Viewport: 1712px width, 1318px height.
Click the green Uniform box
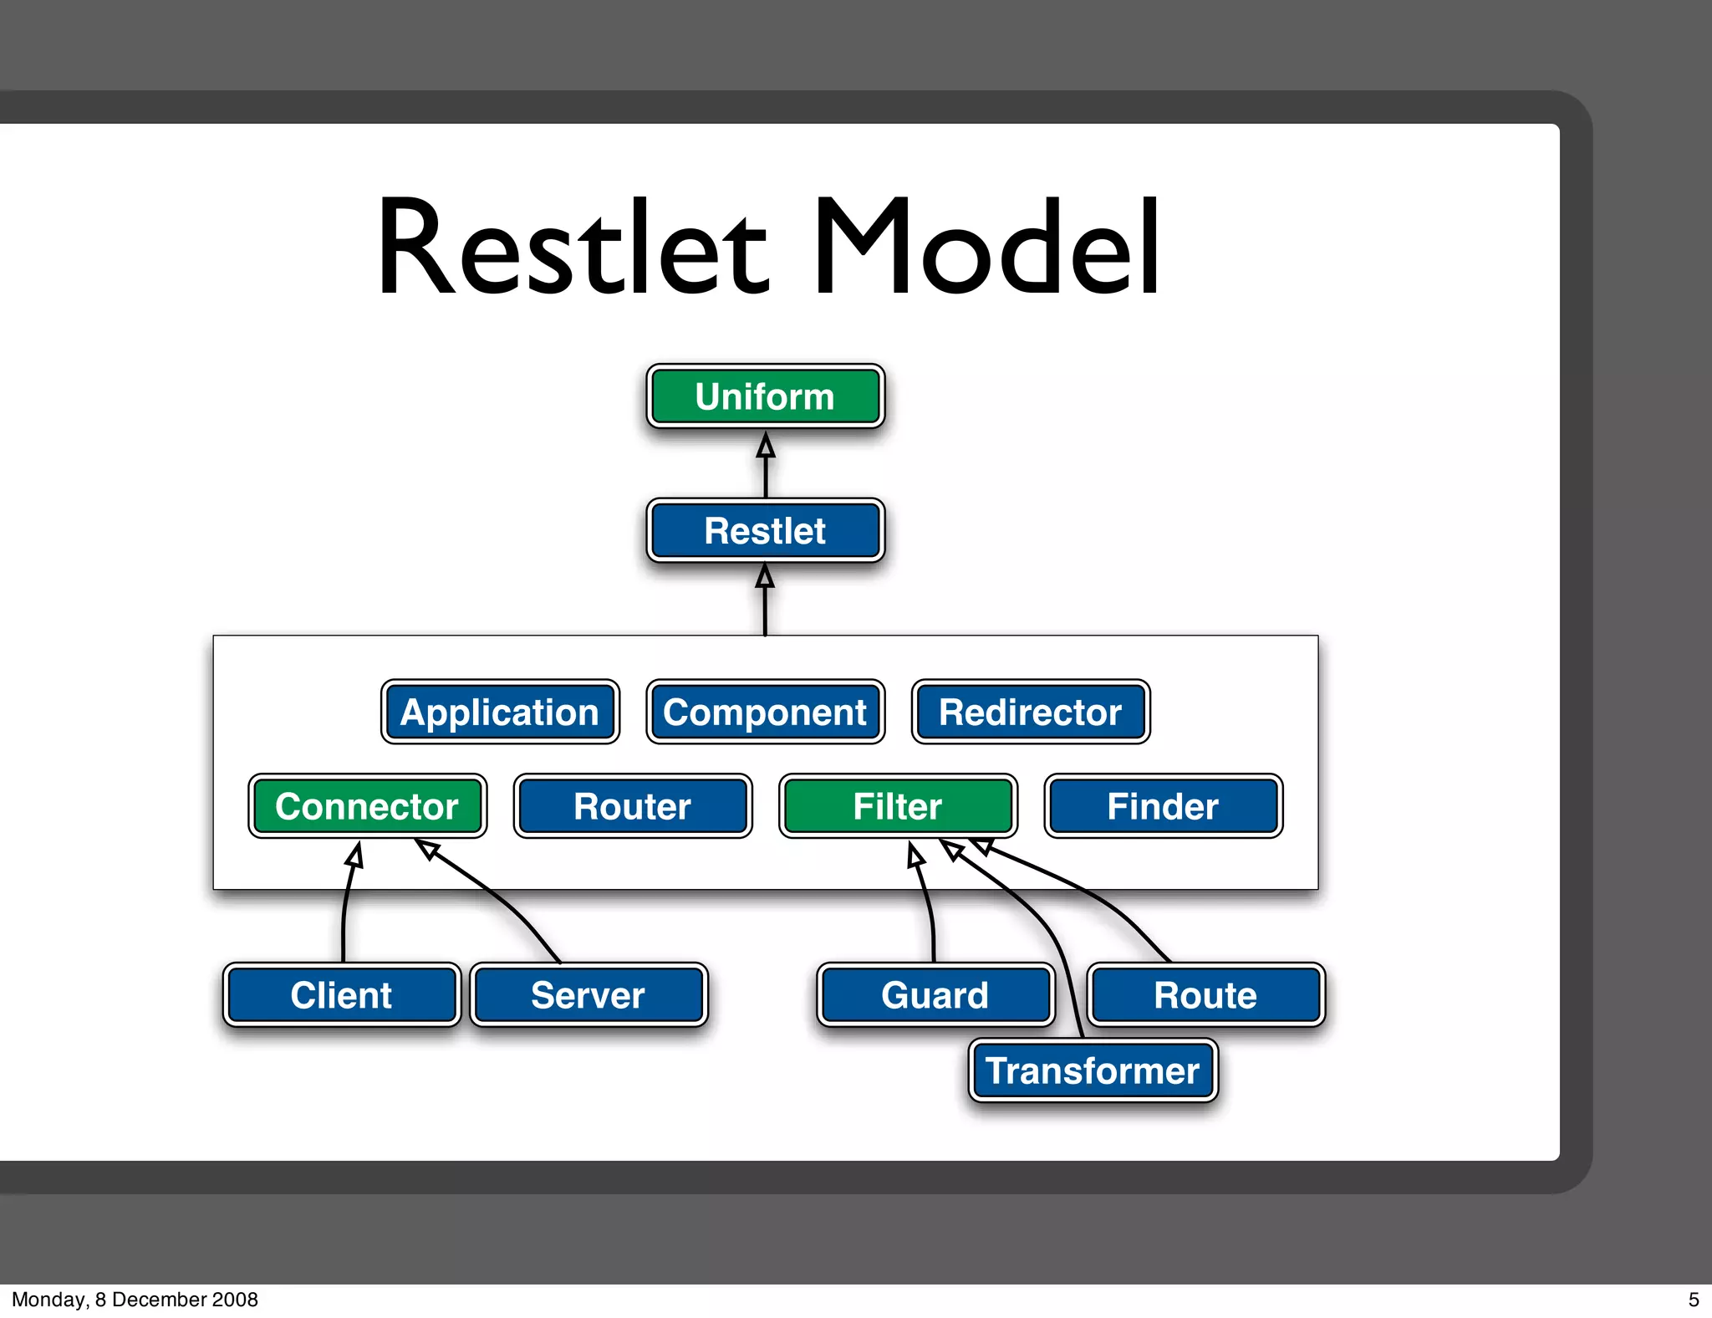coord(765,396)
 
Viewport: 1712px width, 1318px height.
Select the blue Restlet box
coord(765,531)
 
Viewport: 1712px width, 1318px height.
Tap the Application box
coord(500,713)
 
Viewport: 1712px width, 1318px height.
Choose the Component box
coord(765,713)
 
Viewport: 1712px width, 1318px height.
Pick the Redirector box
coord(1030,713)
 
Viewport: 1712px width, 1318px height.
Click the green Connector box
coord(367,806)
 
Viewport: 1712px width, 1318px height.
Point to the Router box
coord(633,806)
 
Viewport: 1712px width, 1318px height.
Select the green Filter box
coord(898,806)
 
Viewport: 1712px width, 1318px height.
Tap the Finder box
coord(1163,806)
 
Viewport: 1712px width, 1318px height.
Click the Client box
coord(341,995)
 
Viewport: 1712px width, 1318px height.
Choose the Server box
coord(588,995)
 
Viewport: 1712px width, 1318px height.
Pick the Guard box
coord(935,995)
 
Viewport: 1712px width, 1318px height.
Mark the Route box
coord(1205,995)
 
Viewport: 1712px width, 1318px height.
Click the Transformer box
coord(1093,1071)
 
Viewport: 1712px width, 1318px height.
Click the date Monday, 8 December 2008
coord(135,1300)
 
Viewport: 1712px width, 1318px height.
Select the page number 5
coord(1694,1300)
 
